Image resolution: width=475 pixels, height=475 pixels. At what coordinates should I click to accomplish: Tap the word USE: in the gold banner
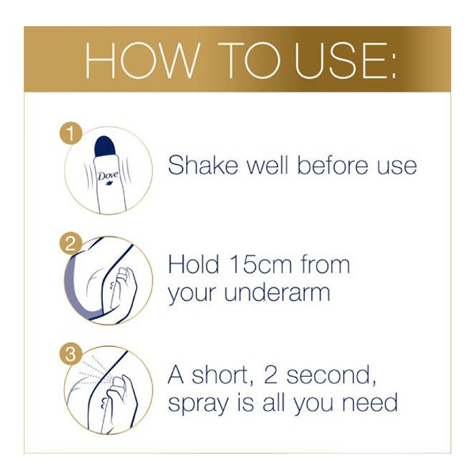(x=345, y=61)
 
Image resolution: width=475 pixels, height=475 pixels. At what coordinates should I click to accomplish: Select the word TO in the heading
(x=249, y=61)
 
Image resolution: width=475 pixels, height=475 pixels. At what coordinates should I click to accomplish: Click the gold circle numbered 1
(x=70, y=134)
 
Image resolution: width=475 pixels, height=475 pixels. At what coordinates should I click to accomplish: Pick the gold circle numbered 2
(x=70, y=244)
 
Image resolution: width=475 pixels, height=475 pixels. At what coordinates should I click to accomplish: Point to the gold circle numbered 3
(x=70, y=354)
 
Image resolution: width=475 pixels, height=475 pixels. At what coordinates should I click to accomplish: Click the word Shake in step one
(x=203, y=165)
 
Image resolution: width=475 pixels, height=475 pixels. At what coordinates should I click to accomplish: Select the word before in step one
(x=332, y=165)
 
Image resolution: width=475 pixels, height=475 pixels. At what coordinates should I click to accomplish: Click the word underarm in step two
(x=277, y=292)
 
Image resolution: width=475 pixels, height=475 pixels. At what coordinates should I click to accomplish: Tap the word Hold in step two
(x=193, y=264)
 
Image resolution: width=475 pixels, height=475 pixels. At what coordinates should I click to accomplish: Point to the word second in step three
(x=332, y=375)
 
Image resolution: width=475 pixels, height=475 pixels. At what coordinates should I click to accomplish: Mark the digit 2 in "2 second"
(x=271, y=375)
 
